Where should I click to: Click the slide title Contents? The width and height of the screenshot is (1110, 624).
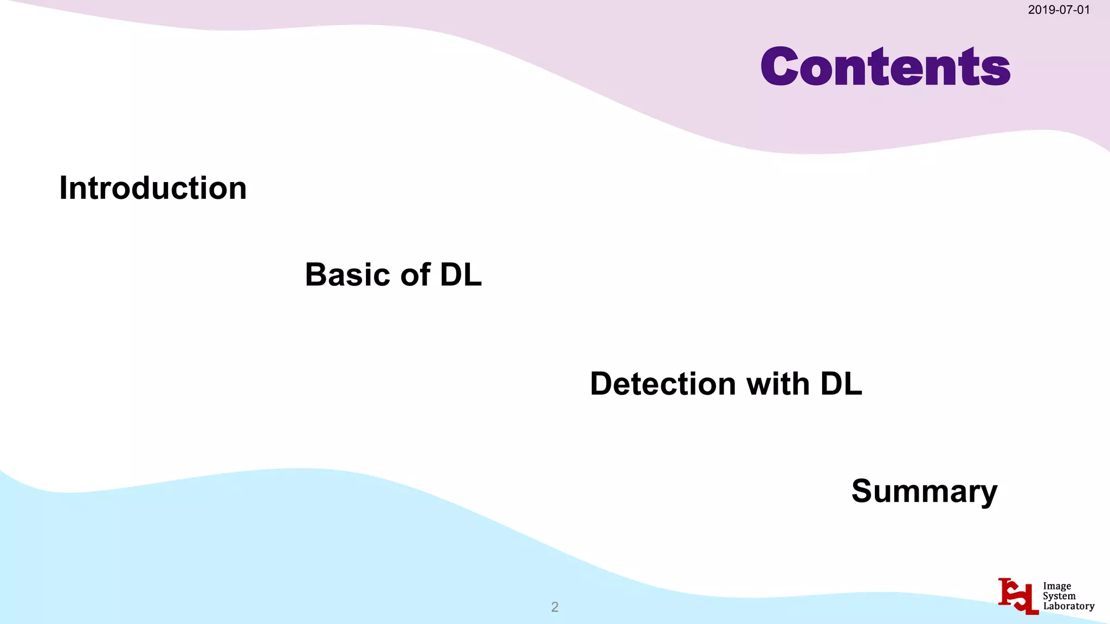[885, 67]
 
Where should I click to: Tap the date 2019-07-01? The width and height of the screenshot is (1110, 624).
[1059, 10]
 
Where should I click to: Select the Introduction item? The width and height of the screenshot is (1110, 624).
[153, 188]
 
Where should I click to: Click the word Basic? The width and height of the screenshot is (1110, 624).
[347, 275]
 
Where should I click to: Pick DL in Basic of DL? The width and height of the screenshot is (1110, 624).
[461, 275]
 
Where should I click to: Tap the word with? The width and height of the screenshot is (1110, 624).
[778, 384]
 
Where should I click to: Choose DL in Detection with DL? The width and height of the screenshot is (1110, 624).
[841, 384]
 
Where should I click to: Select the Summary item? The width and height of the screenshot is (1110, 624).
[924, 491]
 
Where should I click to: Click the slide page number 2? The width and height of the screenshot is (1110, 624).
[554, 607]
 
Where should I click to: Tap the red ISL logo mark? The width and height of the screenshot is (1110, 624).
[1018, 596]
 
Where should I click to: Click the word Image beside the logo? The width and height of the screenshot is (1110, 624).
[1057, 586]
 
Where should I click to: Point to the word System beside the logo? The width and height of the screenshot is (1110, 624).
[1059, 596]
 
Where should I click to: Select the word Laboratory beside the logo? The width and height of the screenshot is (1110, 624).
[1068, 606]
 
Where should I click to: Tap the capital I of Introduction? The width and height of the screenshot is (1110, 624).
[63, 188]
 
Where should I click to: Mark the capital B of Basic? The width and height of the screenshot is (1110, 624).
[317, 275]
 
